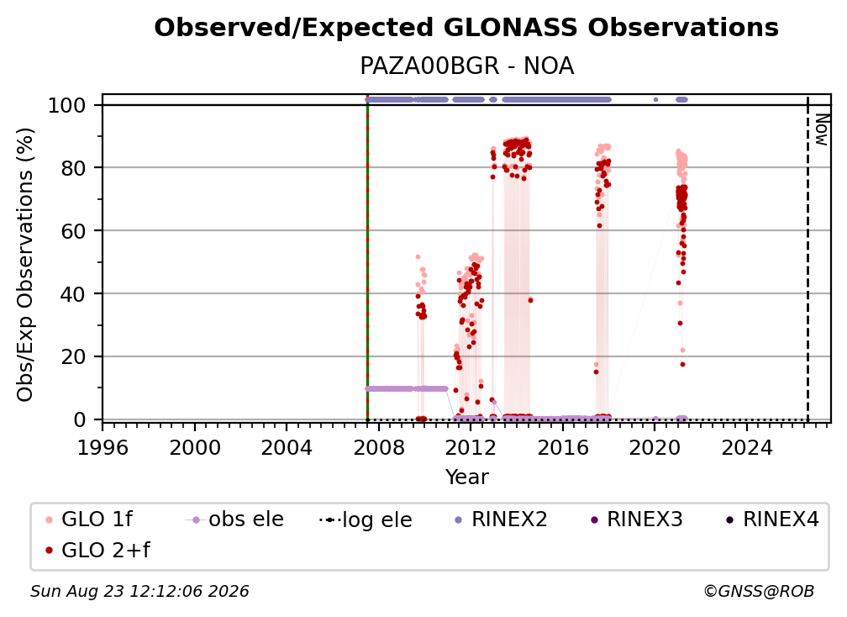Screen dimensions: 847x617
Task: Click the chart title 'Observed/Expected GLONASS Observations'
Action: [466, 28]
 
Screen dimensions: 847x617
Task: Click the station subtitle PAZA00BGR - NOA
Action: [466, 66]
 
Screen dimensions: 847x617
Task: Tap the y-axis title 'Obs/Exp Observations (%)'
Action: [25, 264]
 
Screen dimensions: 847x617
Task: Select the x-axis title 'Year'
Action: [466, 477]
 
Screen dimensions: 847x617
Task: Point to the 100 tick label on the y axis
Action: [67, 105]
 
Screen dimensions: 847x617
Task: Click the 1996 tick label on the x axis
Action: [103, 447]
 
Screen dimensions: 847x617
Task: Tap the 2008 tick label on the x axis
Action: [379, 447]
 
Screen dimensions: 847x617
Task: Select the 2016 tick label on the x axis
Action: [563, 447]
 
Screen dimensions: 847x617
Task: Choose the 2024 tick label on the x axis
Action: [747, 447]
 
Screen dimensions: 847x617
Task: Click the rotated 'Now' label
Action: [821, 129]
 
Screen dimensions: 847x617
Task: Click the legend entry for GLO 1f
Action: [89, 519]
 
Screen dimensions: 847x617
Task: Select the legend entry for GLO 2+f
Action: [97, 550]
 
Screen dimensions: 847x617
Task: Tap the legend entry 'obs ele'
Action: [234, 519]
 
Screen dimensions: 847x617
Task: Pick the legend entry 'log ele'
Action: [366, 519]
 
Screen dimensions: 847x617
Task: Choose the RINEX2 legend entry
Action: [501, 519]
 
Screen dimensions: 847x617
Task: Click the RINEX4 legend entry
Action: [772, 519]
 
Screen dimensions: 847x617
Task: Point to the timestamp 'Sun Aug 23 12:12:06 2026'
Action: [139, 591]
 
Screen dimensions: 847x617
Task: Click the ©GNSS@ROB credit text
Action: [759, 591]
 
